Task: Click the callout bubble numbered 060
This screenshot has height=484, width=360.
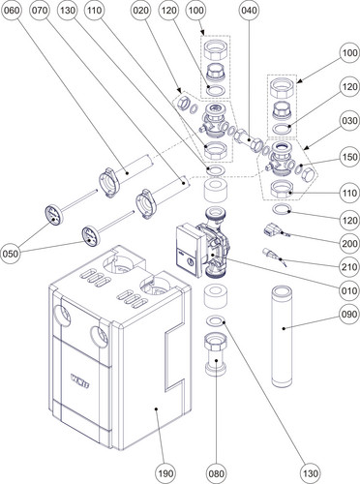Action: click(x=11, y=11)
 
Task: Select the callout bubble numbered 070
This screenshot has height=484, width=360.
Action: click(x=40, y=11)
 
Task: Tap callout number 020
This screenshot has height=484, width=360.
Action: click(x=141, y=11)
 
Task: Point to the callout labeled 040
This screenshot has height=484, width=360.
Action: click(x=250, y=11)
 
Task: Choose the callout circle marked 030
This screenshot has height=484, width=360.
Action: click(x=350, y=121)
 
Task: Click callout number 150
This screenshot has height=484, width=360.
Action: click(x=350, y=157)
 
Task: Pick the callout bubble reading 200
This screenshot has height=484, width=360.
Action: click(x=350, y=244)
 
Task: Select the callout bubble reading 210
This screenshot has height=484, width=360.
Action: click(x=350, y=267)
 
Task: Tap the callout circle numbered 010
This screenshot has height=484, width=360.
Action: click(x=350, y=290)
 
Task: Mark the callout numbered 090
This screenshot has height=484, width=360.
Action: click(x=350, y=314)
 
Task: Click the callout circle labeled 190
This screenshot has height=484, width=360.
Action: click(x=165, y=473)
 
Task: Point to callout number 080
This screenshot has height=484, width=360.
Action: click(x=216, y=473)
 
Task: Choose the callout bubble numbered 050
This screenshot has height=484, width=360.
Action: click(x=11, y=254)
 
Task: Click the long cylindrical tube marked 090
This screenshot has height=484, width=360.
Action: click(x=282, y=336)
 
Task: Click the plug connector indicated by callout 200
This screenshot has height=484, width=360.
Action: click(x=273, y=230)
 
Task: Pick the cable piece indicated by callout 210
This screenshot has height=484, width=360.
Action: click(x=274, y=256)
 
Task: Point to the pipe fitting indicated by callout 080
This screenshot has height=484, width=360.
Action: click(x=216, y=354)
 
